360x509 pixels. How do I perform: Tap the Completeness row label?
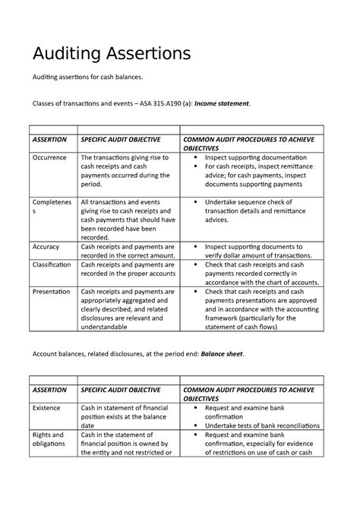pos(52,208)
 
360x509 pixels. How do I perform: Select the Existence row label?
pos(47,408)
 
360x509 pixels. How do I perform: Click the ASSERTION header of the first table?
pos(49,140)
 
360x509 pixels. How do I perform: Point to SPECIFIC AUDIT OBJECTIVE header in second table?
pos(121,390)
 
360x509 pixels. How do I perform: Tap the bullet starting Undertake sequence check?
pos(253,210)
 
